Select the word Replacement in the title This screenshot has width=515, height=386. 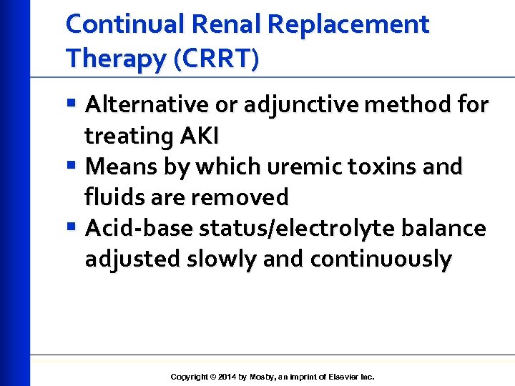click(x=348, y=24)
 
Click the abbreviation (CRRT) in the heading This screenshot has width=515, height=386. click(x=215, y=59)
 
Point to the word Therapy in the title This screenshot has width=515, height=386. click(x=114, y=59)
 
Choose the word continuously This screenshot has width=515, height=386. click(x=381, y=259)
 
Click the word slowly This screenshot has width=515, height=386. click(x=222, y=259)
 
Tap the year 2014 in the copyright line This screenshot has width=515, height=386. click(x=227, y=377)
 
